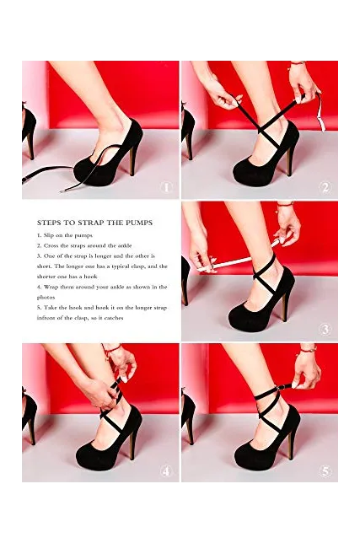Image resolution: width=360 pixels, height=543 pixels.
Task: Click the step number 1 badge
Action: coord(166,187)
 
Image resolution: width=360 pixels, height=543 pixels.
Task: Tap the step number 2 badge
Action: coord(325,187)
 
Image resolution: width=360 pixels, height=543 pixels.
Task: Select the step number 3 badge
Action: coord(325,329)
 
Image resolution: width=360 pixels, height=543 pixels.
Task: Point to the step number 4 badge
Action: coord(166,471)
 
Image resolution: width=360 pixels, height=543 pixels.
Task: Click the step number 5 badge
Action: coord(325,471)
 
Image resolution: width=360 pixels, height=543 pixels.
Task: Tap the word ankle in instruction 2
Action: coord(124,245)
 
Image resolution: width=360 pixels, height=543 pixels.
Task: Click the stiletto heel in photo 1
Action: coord(133,160)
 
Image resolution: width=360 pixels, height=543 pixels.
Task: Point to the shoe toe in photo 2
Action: coord(242,174)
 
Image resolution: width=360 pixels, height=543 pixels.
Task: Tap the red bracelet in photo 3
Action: coord(285,204)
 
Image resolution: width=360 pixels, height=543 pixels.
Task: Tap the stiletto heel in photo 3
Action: coord(286,305)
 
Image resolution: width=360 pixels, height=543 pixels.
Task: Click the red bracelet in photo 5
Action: coord(308,349)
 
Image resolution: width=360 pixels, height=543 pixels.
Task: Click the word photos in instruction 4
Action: coord(46,297)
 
